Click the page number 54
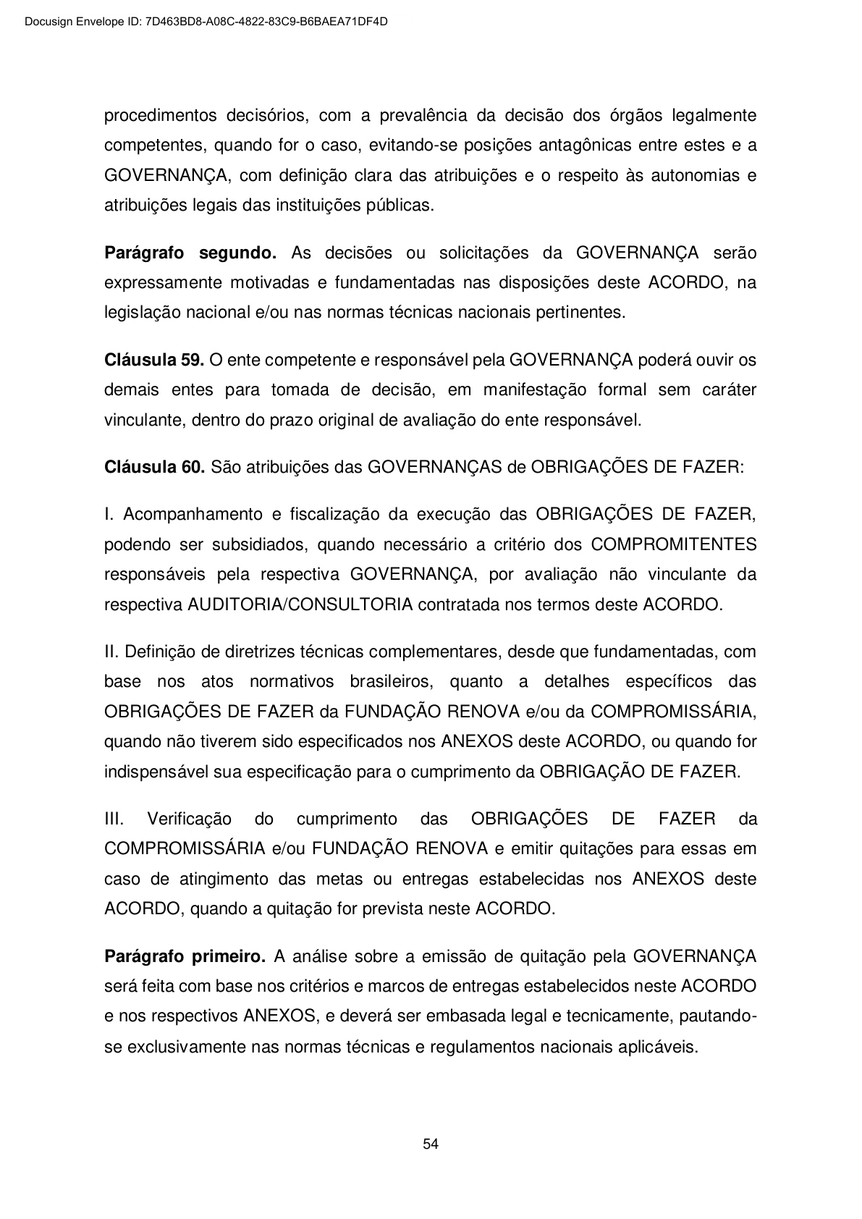click(x=431, y=1144)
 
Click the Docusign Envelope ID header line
click(x=206, y=22)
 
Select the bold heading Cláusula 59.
click(x=154, y=360)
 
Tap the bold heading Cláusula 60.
click(x=154, y=467)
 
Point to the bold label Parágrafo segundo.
click(x=190, y=253)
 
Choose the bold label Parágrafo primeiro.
click(x=185, y=956)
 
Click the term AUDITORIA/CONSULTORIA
click(x=300, y=604)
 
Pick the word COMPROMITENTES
click(x=674, y=544)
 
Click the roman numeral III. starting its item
click(x=114, y=819)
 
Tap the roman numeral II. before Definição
click(x=112, y=651)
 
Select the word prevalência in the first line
click(x=423, y=115)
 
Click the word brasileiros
click(x=391, y=681)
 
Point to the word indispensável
click(x=156, y=772)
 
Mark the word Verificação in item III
click(x=190, y=819)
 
